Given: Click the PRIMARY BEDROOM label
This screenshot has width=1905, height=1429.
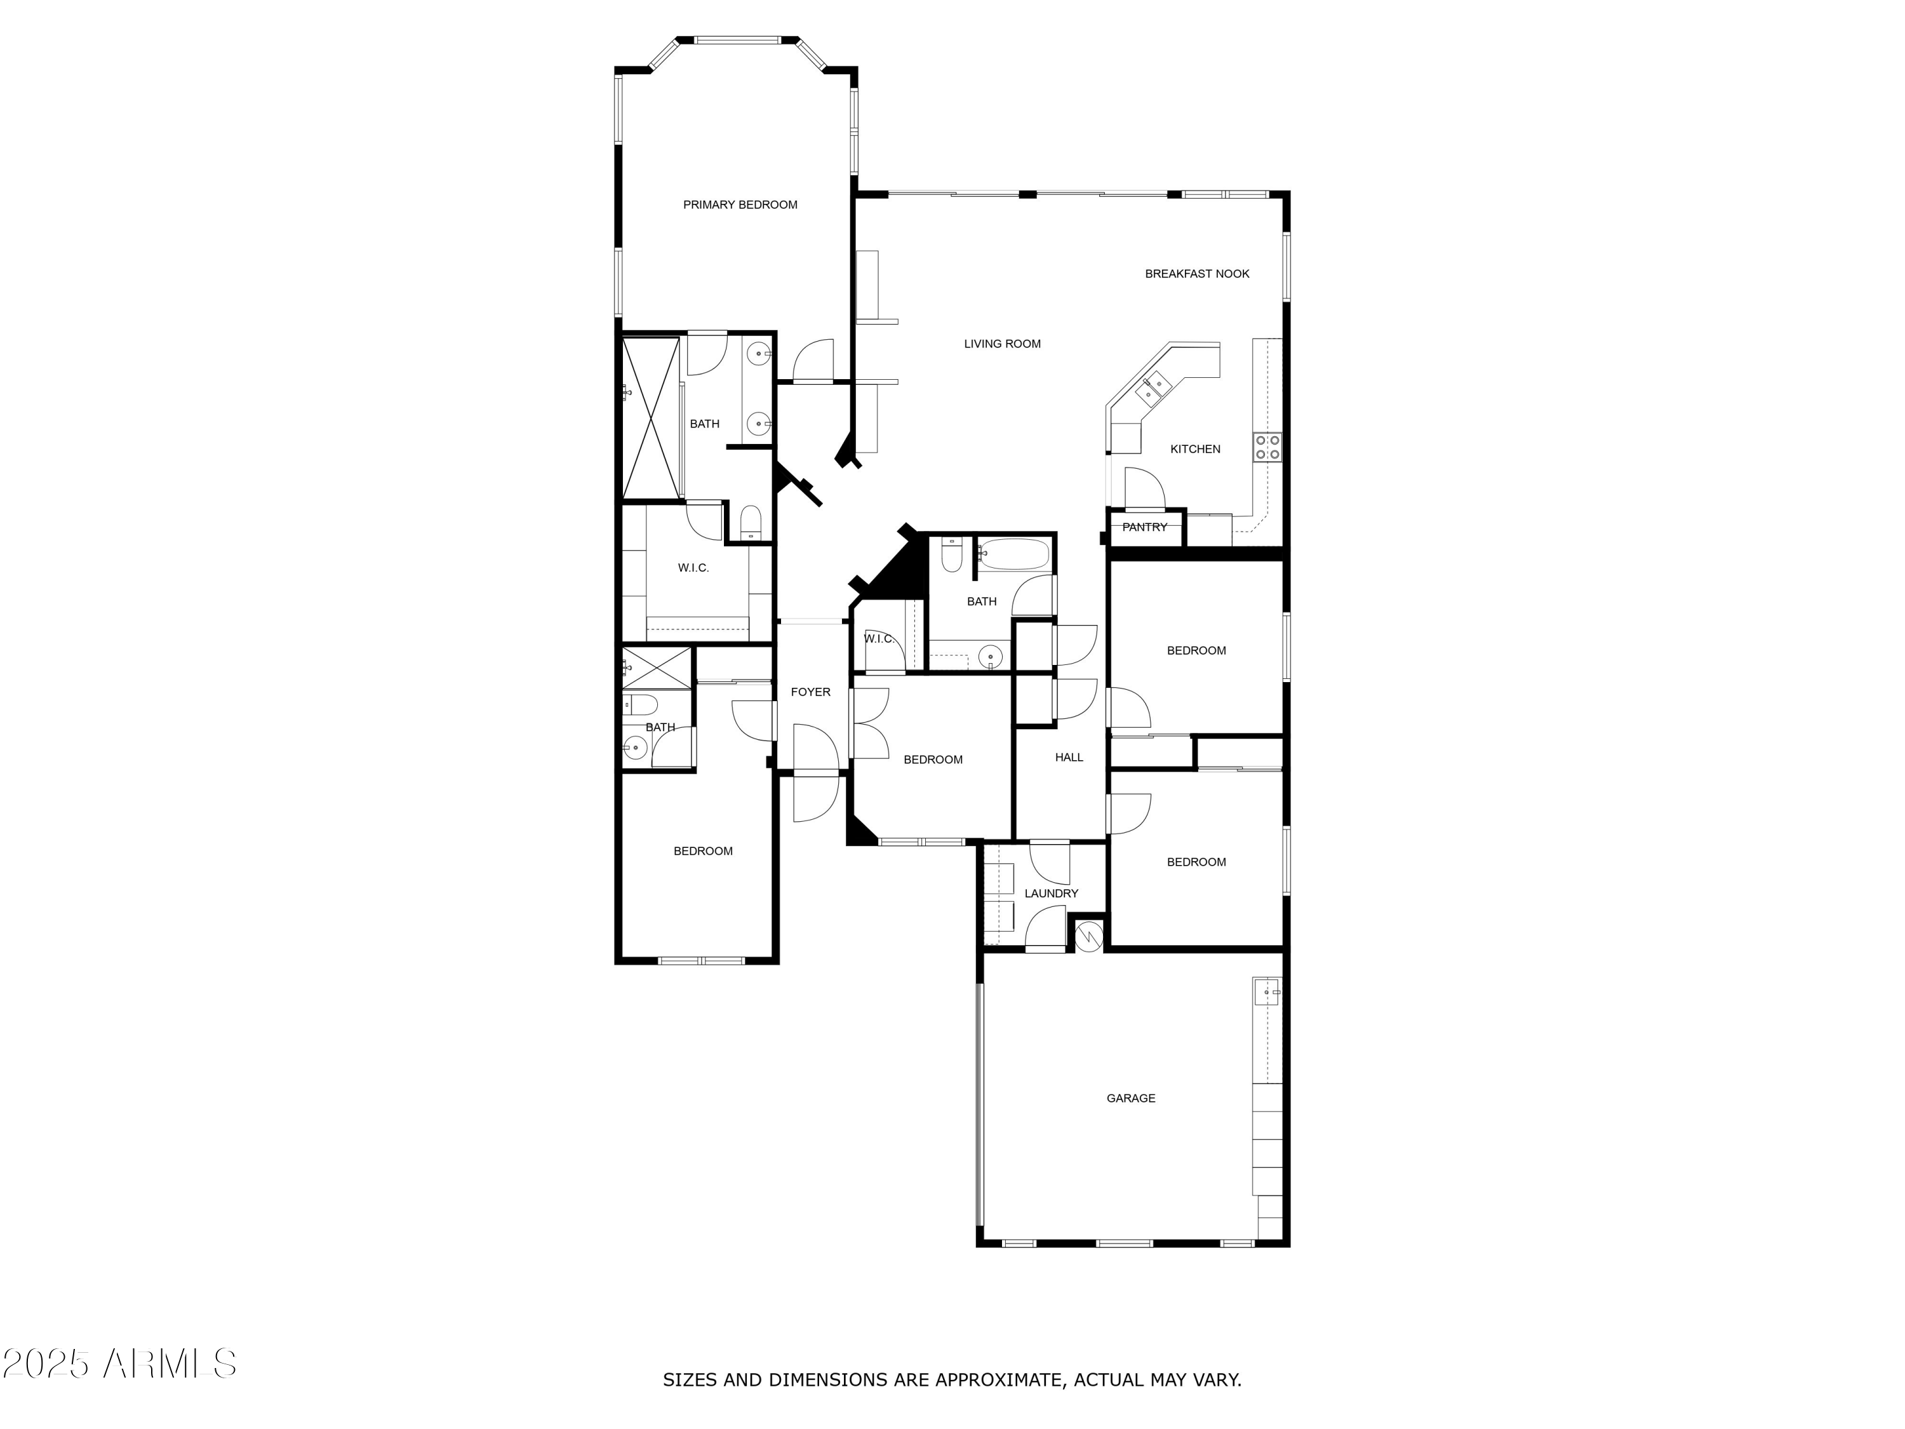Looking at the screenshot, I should [740, 205].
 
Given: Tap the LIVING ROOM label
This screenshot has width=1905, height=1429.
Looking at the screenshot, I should [1001, 344].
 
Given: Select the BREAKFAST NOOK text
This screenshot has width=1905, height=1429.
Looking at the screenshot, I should [1196, 274].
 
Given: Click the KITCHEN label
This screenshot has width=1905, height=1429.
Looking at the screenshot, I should [1194, 449].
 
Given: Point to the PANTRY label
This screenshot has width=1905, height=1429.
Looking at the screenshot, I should [1144, 527].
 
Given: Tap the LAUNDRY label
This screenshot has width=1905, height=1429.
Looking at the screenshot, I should [1051, 893].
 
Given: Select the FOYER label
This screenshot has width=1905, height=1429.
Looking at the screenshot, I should [810, 692].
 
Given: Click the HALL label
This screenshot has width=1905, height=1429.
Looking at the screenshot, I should [1069, 757].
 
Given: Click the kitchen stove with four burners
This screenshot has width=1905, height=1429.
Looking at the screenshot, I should [1267, 447].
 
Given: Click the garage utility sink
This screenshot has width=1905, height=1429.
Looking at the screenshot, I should [1266, 992].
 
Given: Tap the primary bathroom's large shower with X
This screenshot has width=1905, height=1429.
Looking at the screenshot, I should [651, 419].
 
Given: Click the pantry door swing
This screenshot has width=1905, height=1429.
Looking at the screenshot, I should [1144, 489].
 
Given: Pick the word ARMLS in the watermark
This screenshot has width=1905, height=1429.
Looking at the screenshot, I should [169, 1364].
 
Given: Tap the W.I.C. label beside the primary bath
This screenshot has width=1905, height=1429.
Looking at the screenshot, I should [693, 568].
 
